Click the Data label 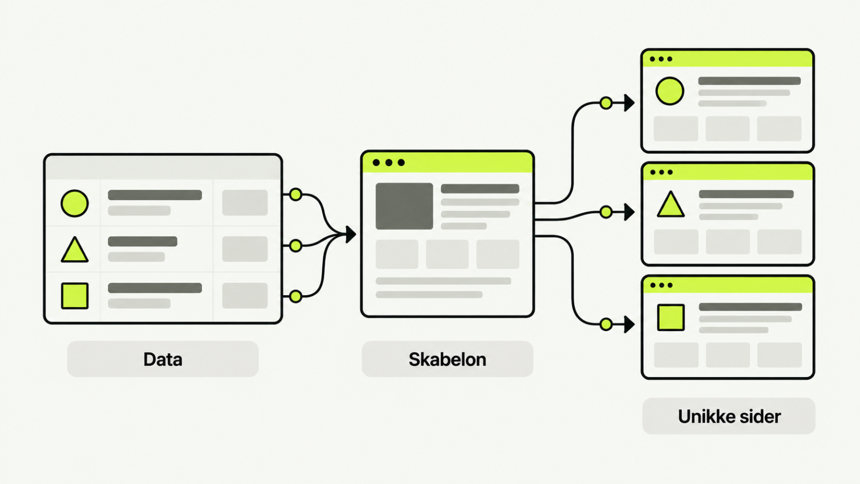(163, 359)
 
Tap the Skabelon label (447, 359)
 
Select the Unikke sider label (729, 416)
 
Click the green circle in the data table (75, 203)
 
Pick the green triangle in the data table (75, 250)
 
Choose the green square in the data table (75, 296)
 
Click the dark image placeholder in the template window (404, 207)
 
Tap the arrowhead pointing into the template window (350, 234)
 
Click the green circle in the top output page (670, 91)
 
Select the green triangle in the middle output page (670, 204)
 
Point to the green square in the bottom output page (671, 317)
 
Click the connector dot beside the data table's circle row (296, 194)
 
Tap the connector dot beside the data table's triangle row (296, 245)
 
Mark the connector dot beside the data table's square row (296, 296)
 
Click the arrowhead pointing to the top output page (629, 103)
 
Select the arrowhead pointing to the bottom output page (629, 325)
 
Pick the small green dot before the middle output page (606, 212)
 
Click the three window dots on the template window (389, 163)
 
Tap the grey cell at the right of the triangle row (245, 249)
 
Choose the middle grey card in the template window (447, 254)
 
